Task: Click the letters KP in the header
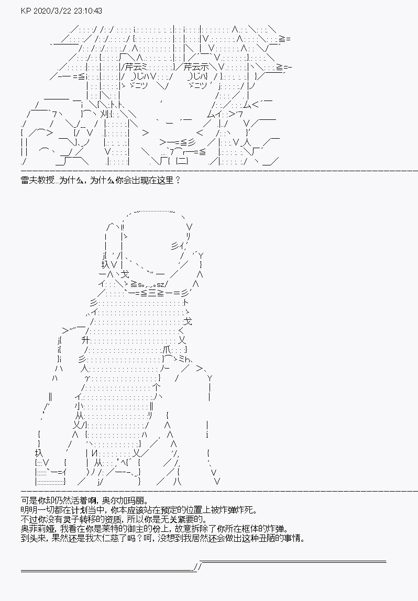26,10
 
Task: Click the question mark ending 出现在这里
177,180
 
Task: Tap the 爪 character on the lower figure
166,349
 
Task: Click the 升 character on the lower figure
86,340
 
